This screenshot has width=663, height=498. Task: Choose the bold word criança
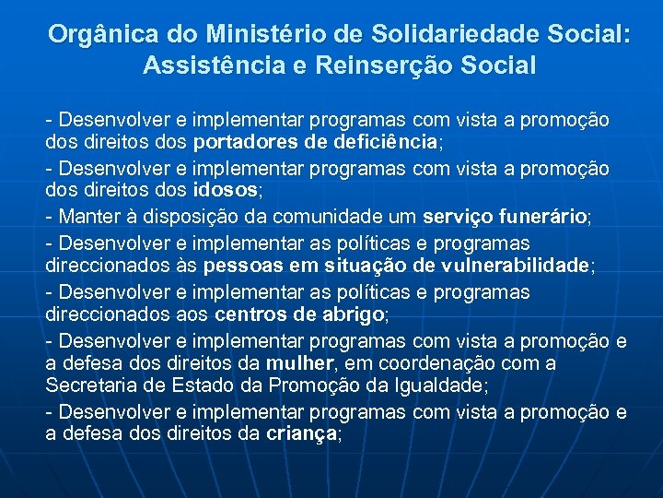coord(300,433)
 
